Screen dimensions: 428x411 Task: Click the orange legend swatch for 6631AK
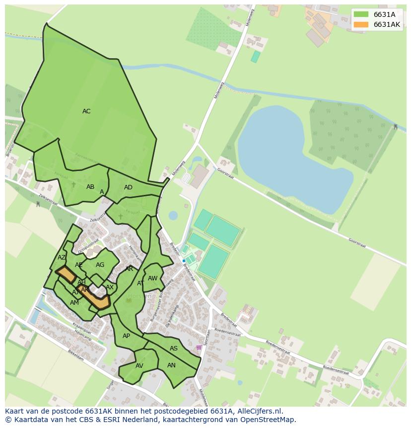coord(361,24)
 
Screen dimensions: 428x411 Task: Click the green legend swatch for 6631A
coord(361,14)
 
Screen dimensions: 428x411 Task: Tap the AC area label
coord(86,111)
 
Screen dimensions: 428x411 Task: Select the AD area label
coord(128,187)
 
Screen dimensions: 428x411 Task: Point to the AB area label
coord(90,187)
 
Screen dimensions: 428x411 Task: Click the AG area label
coord(100,265)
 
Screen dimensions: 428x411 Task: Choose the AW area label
coord(152,278)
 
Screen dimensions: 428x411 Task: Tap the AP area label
coord(126,336)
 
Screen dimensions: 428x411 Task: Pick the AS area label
coord(174,348)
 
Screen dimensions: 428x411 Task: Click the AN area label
coord(171,365)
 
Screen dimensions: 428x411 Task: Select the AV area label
coord(139,366)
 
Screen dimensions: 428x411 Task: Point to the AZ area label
coord(62,257)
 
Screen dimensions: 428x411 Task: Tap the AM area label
coord(74,303)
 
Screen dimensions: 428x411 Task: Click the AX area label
coord(110,287)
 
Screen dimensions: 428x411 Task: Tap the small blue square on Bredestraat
coord(184,260)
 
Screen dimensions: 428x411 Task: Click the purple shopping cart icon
coord(199,347)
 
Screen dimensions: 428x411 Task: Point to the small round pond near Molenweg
coord(173,215)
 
